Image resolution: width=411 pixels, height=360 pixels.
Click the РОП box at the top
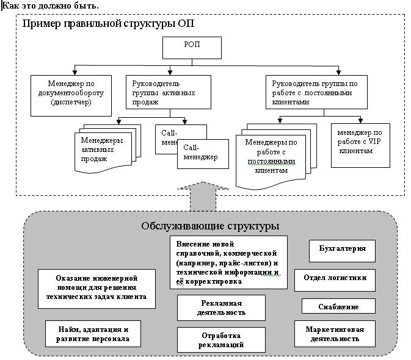coord(191,48)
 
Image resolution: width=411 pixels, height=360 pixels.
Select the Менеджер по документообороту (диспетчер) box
coord(71,95)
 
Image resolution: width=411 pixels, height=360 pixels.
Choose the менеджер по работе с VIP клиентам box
coord(360,146)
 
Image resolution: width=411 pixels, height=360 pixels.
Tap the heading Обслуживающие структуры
coord(210,226)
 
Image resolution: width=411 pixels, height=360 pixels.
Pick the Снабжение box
coord(338,306)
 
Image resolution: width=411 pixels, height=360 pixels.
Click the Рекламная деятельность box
coord(222,308)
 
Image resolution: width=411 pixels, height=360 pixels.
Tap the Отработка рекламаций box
coord(222,340)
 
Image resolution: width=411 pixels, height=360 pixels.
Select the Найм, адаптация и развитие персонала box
coord(93,334)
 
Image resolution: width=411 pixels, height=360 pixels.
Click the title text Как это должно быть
coord(51,5)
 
